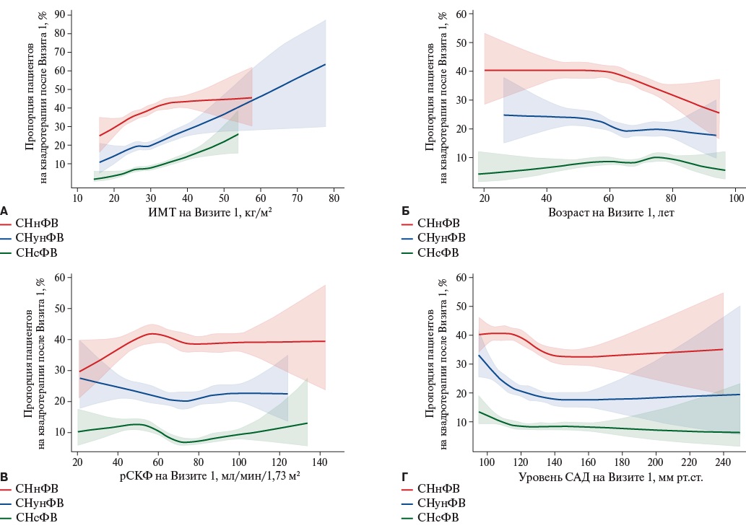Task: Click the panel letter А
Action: point(4,211)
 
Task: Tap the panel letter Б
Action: point(405,211)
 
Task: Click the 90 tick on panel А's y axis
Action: point(60,14)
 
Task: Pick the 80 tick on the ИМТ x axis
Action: point(333,195)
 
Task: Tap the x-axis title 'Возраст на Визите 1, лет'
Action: point(602,211)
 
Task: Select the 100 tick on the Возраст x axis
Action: point(735,195)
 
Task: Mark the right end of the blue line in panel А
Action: point(325,64)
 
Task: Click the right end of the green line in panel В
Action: point(308,423)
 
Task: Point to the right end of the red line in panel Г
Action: point(723,349)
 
